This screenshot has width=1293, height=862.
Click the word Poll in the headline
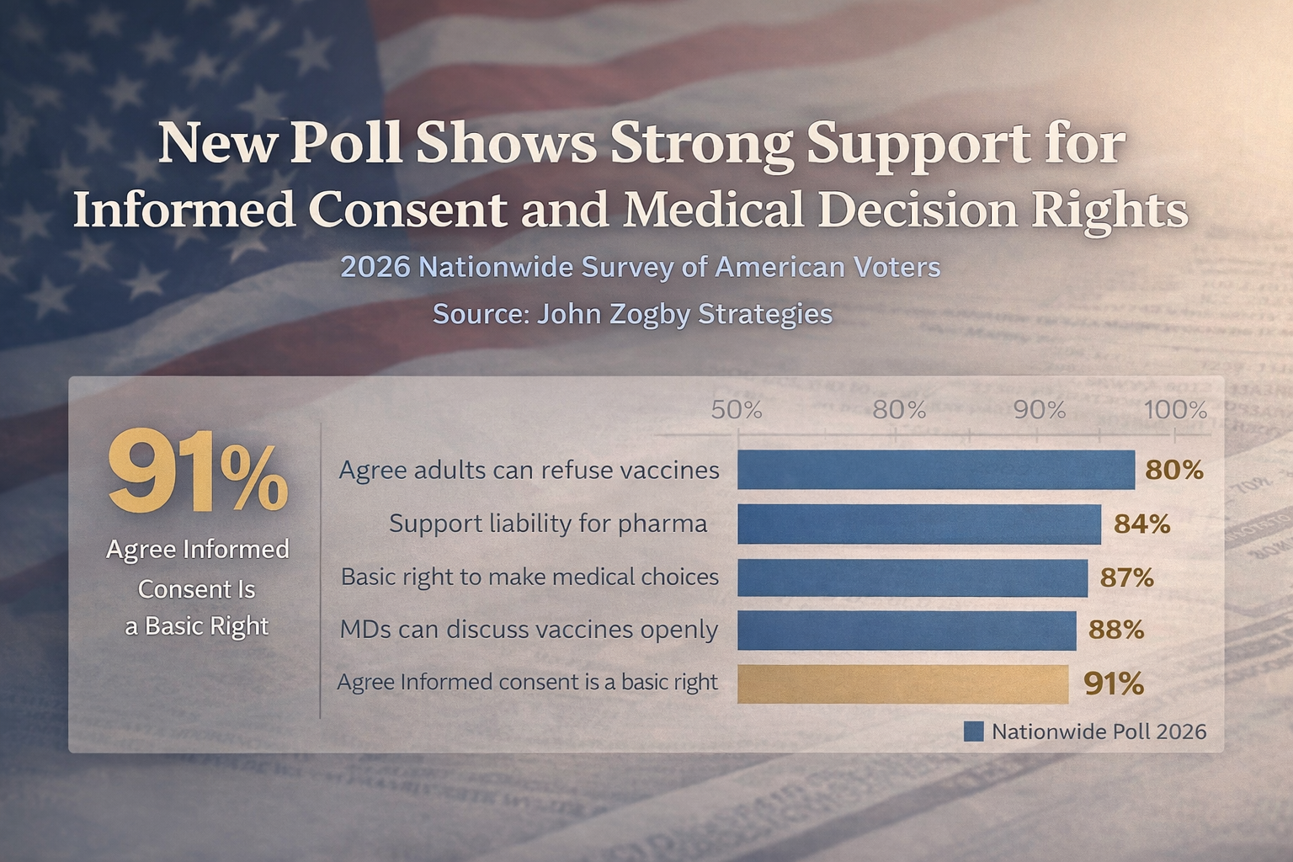click(346, 143)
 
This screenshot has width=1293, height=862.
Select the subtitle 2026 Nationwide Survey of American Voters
click(640, 268)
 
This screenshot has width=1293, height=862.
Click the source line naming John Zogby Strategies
click(632, 314)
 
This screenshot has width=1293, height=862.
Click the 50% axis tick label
click(737, 410)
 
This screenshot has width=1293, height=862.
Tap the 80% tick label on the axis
click(899, 410)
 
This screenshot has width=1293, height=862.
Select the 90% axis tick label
click(1040, 410)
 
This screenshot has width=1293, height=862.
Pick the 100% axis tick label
click(1175, 410)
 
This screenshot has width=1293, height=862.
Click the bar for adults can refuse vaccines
click(935, 470)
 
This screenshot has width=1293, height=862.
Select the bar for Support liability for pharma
click(919, 524)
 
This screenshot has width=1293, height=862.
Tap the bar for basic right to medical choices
click(913, 577)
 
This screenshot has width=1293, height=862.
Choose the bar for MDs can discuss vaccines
click(907, 631)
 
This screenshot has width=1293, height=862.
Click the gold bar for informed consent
click(902, 684)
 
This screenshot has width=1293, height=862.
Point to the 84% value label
click(1141, 524)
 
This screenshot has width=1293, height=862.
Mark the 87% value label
click(1126, 577)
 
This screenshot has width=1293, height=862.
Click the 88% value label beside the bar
click(1116, 630)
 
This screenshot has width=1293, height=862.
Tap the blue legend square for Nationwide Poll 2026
click(973, 732)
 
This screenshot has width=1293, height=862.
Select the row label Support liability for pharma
click(548, 524)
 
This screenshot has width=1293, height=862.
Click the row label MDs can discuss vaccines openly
click(529, 630)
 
